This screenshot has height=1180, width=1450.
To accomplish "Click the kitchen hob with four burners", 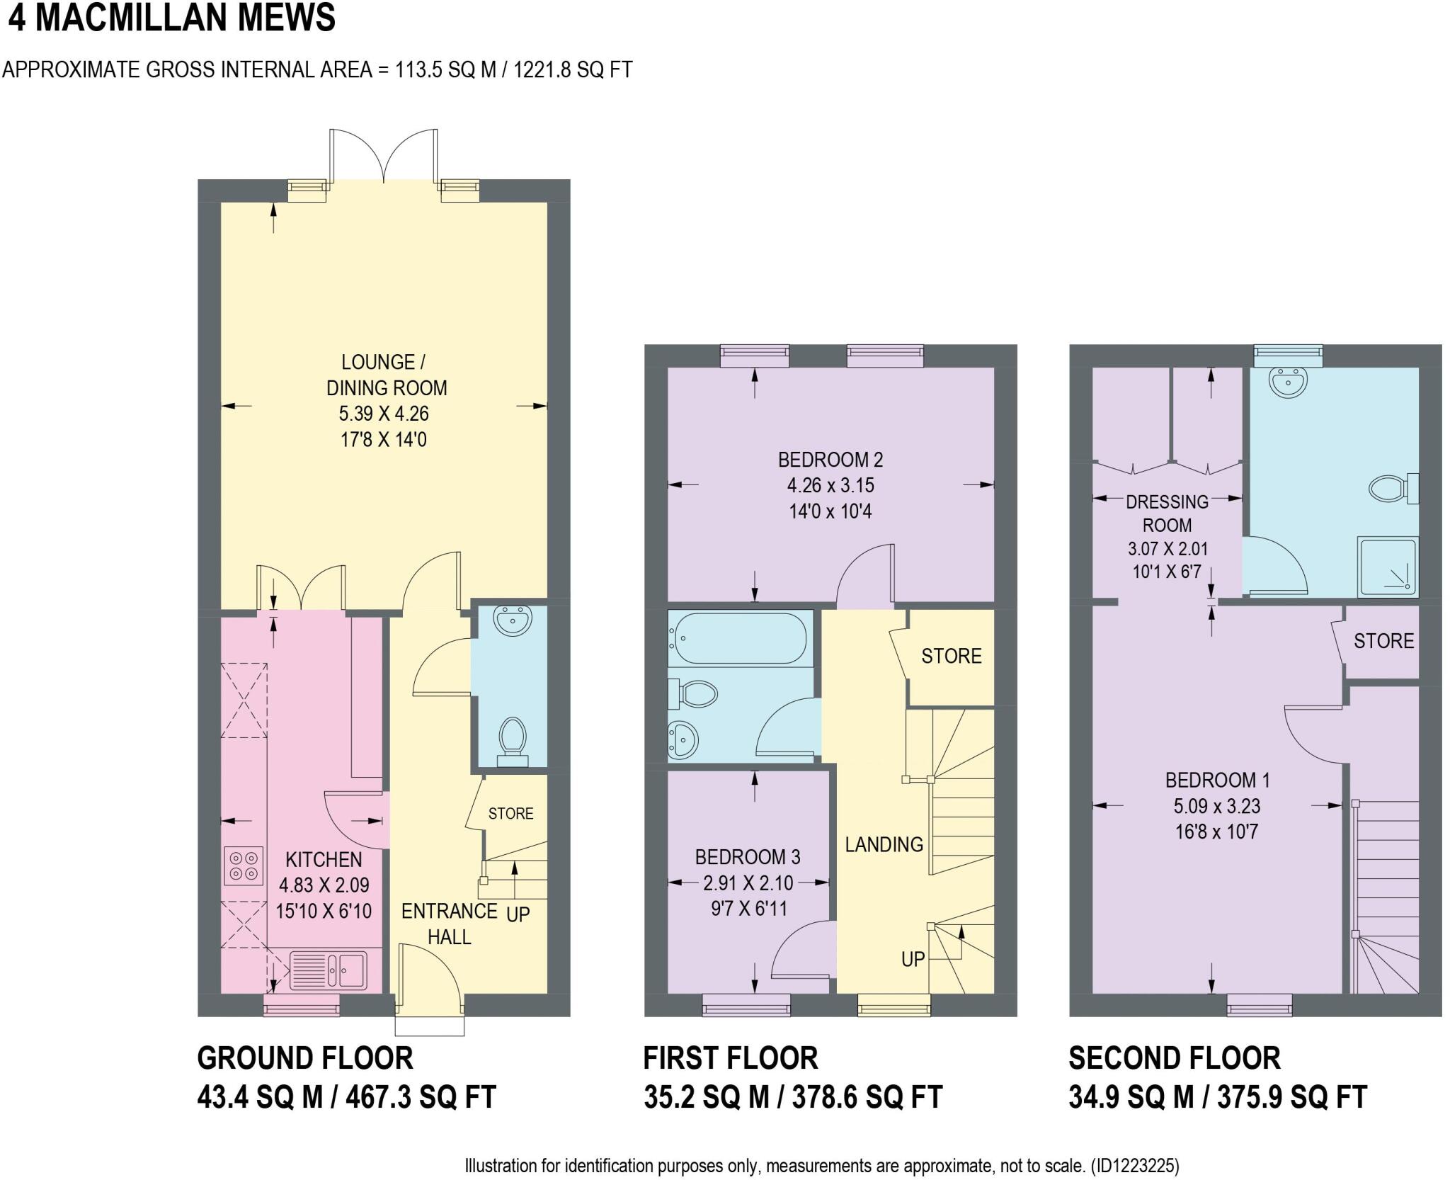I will pyautogui.click(x=244, y=866).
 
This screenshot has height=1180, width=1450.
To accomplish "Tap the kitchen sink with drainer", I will pyautogui.click(x=328, y=969).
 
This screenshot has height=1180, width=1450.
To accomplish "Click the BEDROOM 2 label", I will pyautogui.click(x=830, y=460).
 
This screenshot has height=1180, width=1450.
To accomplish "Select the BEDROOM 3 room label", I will pyautogui.click(x=747, y=857).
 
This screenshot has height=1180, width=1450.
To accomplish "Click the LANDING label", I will pyautogui.click(x=884, y=844).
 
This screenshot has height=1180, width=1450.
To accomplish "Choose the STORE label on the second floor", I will pyautogui.click(x=1383, y=641).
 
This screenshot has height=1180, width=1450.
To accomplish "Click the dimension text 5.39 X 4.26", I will pyautogui.click(x=384, y=414).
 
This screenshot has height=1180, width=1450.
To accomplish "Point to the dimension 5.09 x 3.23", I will pyautogui.click(x=1216, y=806).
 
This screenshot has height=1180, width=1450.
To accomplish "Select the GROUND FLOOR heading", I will pyautogui.click(x=304, y=1058).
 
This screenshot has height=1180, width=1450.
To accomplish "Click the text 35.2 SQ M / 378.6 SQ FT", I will pyautogui.click(x=792, y=1097).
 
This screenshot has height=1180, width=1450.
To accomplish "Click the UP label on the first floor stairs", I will pyautogui.click(x=913, y=959).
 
